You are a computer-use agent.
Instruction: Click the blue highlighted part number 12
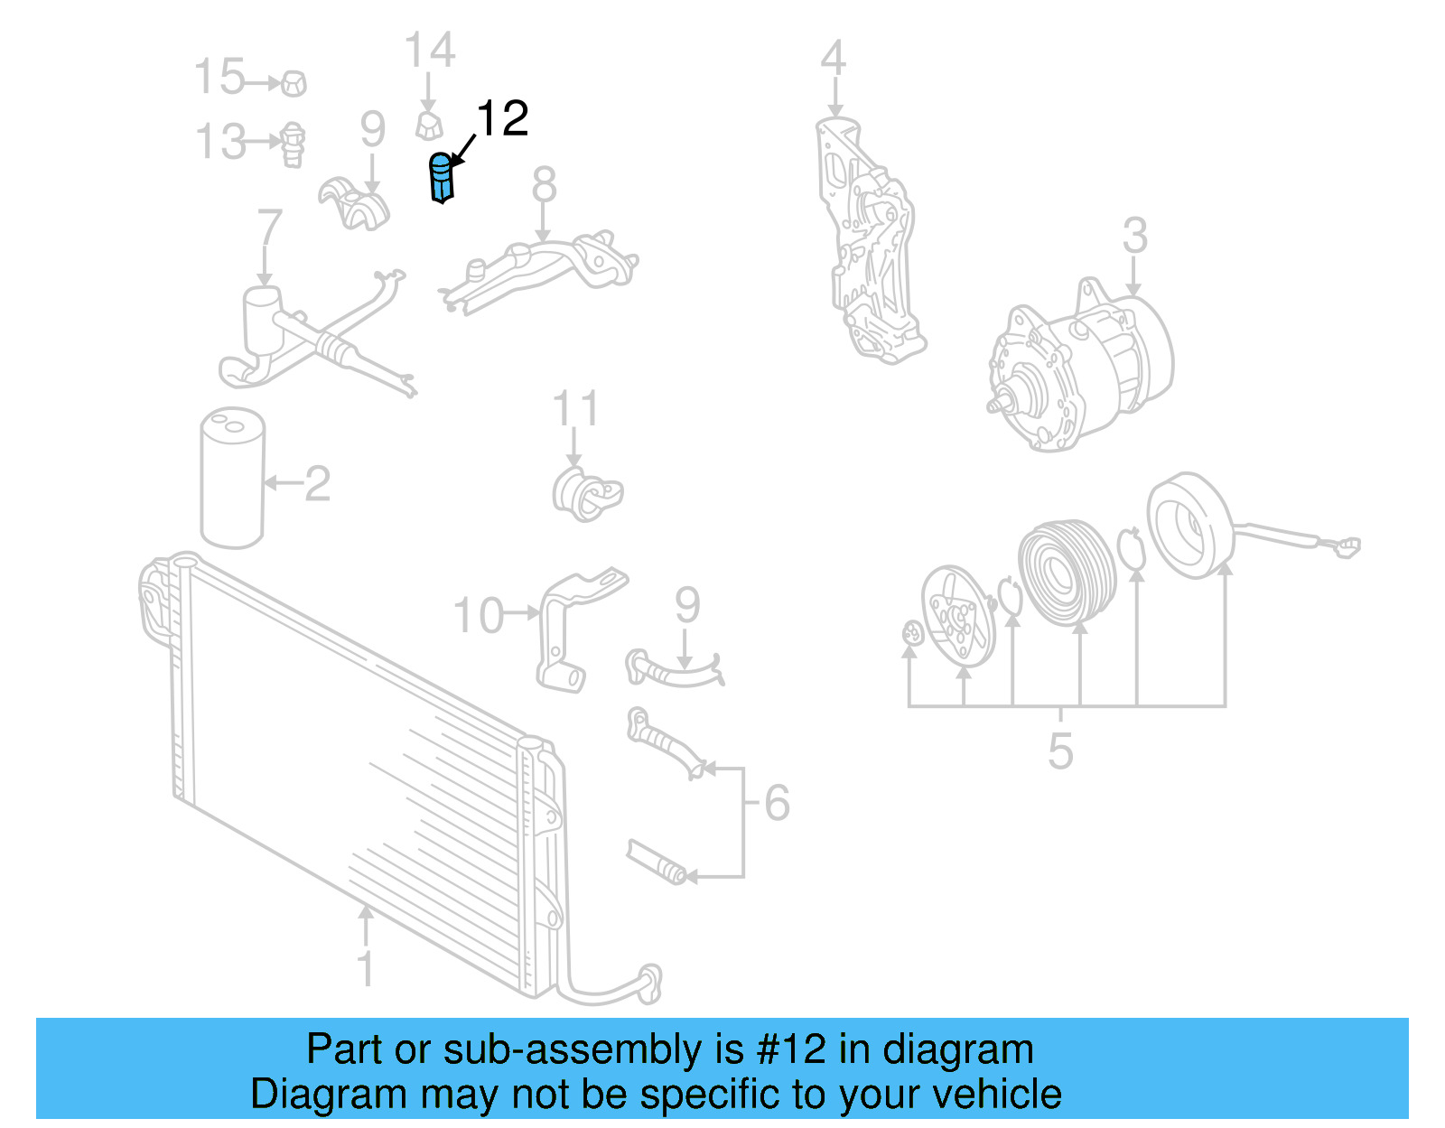coord(440,178)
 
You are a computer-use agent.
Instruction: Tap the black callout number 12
coord(502,119)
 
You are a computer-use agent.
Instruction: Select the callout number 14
coord(429,51)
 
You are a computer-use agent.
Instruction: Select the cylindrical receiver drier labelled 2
coord(232,479)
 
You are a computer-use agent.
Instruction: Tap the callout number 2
coord(317,485)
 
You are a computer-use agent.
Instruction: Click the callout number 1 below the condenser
coord(366,969)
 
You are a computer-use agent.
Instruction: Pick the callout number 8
coord(544,186)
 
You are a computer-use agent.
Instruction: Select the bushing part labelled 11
coord(586,495)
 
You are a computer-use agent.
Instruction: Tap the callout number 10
coord(478,616)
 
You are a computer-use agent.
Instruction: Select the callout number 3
coord(1134,236)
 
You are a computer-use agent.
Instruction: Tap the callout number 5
coord(1060,751)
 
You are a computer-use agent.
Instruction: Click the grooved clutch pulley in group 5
coord(1066,571)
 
